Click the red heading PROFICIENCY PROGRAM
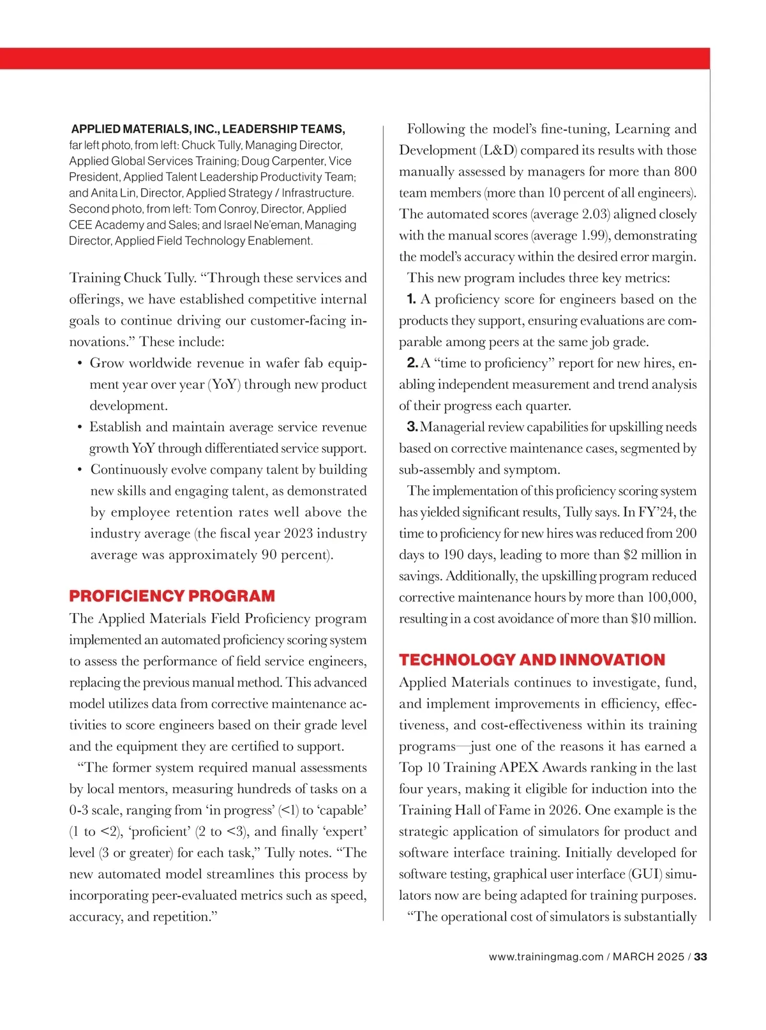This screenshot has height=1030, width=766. (172, 596)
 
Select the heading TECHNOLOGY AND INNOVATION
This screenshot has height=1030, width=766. (532, 660)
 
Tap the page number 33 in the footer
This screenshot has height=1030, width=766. (701, 957)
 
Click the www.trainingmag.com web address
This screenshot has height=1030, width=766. (546, 957)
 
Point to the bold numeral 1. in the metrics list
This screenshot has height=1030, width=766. (412, 299)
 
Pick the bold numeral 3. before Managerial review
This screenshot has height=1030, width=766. (412, 427)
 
